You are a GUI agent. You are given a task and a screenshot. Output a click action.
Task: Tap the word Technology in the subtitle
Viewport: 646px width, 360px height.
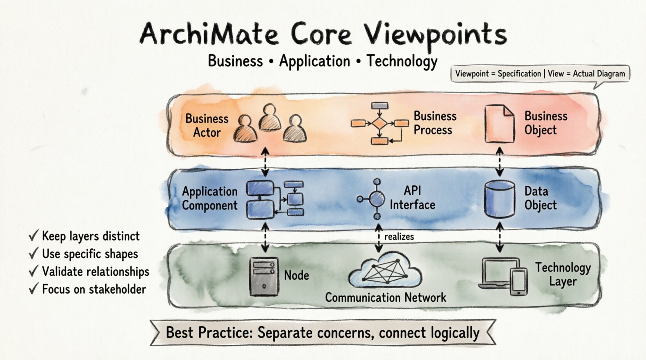[x=402, y=61]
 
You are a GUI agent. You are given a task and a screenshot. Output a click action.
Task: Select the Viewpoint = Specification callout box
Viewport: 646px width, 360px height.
[x=540, y=74]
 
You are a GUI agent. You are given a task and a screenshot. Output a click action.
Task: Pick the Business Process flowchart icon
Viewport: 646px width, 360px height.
[x=379, y=123]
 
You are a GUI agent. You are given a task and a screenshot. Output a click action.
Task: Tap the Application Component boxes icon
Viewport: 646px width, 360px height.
[x=275, y=199]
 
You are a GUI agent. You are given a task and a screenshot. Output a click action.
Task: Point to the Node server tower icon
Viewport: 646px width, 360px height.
[x=264, y=276]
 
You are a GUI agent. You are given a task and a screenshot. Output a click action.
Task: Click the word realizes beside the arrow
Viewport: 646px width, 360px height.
[x=399, y=237]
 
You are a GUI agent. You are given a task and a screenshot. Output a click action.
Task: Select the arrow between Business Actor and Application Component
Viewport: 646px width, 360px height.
[x=265, y=162]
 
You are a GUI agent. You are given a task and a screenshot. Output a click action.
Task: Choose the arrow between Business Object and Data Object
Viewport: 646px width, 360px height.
[x=500, y=162]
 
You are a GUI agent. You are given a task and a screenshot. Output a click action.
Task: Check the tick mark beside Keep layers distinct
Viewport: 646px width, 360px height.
[x=34, y=235]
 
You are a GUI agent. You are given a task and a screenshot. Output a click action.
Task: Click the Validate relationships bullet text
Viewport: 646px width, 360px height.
[x=96, y=272]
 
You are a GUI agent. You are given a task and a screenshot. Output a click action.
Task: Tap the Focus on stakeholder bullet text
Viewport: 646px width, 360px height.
[x=94, y=289]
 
